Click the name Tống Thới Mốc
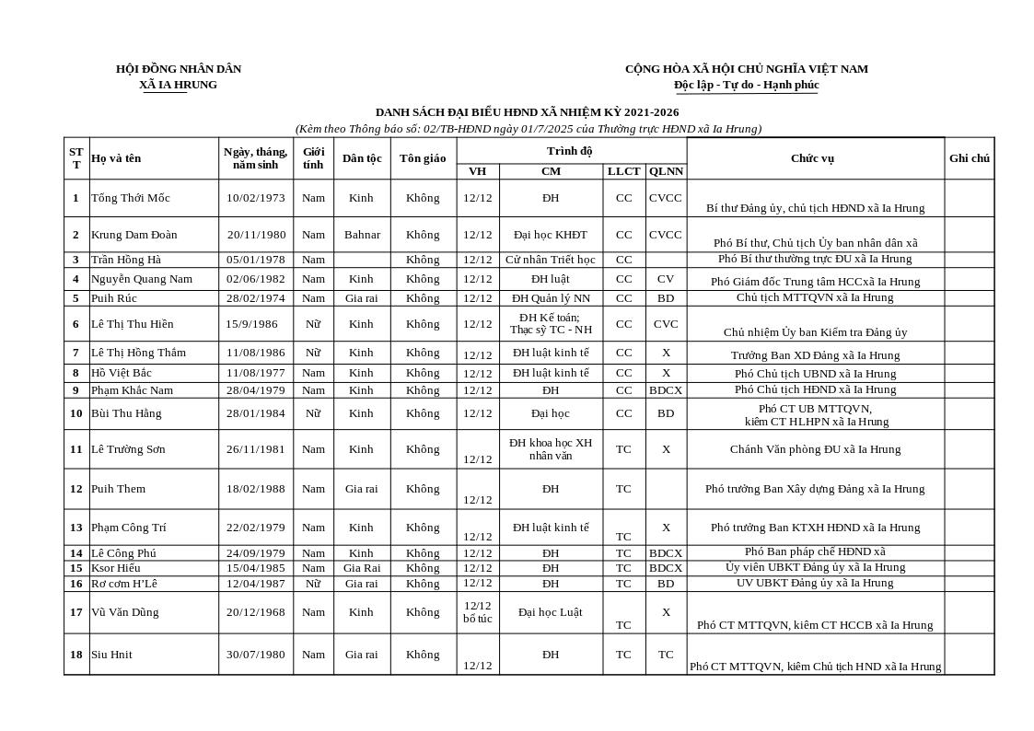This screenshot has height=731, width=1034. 130,198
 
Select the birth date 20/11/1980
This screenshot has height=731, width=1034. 256,235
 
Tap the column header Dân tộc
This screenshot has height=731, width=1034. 362,158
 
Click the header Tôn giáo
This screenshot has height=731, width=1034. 423,158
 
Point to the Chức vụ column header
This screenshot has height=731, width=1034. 812,158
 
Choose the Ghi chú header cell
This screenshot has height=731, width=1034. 969,158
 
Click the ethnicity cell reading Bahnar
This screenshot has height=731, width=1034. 362,235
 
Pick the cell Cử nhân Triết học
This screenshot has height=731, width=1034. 551,260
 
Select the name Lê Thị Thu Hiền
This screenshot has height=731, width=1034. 132,324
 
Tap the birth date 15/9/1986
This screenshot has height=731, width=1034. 251,324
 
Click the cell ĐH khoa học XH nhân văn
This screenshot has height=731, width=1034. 551,449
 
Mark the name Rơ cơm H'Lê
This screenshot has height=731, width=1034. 123,584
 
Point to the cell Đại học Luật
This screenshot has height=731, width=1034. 551,612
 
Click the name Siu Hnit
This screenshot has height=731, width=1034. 111,655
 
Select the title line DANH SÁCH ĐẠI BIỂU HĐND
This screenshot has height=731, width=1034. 527,112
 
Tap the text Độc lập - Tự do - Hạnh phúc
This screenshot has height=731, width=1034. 746,85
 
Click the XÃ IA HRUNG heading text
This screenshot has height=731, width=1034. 178,85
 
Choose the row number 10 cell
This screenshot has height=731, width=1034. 76,413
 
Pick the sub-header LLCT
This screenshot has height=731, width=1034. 623,171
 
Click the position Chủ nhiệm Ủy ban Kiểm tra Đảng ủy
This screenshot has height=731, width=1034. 815,332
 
